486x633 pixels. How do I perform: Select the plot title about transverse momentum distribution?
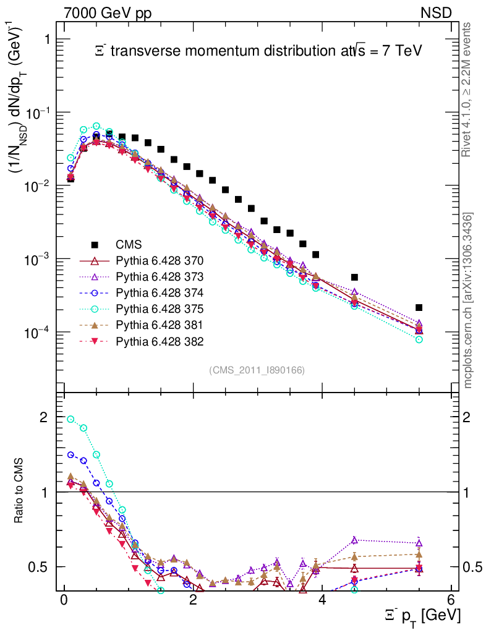coord(258,51)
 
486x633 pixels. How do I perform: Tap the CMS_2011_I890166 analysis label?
coord(257,370)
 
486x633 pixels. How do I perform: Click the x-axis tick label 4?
coord(323,600)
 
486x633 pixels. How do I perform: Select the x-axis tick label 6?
coord(452,600)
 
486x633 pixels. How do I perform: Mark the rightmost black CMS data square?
coord(419,307)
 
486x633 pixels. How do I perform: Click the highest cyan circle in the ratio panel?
coord(70,419)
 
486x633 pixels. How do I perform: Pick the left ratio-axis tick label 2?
coord(43,417)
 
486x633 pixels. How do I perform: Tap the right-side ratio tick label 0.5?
coord(471,567)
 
